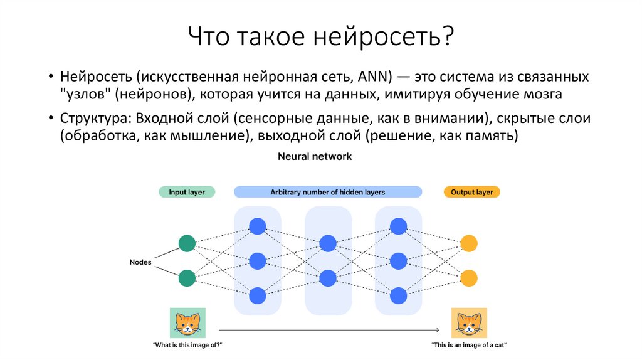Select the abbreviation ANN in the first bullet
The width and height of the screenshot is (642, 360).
pos(374,77)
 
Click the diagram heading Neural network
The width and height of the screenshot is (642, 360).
pos(315,157)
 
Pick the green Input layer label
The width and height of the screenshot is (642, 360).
pos(187,192)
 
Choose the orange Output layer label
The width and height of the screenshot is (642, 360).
pos(471,192)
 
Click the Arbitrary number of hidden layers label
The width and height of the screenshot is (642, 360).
pos(327,192)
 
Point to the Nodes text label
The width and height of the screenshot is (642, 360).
pos(140,262)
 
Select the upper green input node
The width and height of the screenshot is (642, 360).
pos(187,243)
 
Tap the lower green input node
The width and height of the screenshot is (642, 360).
pos(187,278)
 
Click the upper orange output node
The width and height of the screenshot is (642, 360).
pos(468,243)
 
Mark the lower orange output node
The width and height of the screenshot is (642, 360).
pos(468,278)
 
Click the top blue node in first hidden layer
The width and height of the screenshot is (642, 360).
pos(257,226)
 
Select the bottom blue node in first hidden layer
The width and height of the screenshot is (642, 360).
pos(257,295)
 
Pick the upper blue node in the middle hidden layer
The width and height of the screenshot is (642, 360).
pos(327,243)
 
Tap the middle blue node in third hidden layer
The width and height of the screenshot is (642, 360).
pos(397,260)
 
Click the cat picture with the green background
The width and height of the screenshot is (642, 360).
pos(187,323)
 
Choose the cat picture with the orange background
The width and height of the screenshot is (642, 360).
pos(469,323)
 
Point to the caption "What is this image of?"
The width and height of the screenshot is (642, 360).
pos(187,346)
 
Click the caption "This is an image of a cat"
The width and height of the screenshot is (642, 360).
pos(469,346)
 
